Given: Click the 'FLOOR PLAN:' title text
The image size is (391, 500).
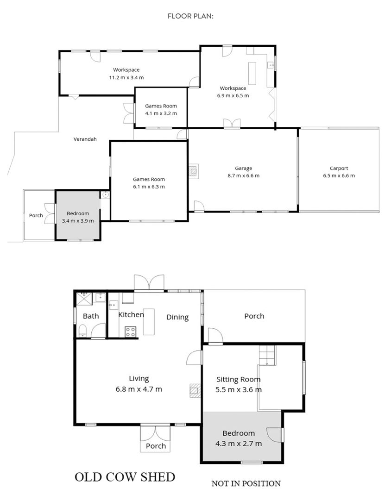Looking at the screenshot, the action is pyautogui.click(x=190, y=16).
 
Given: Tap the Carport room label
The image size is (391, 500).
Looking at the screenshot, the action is pyautogui.click(x=339, y=168).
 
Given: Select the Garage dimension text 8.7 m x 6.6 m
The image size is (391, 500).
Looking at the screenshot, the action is pyautogui.click(x=244, y=175).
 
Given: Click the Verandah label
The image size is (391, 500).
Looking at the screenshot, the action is pyautogui.click(x=85, y=139).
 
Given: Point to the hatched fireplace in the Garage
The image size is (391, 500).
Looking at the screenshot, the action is pyautogui.click(x=194, y=171).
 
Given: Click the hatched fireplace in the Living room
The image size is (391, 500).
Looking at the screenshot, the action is pyautogui.click(x=195, y=391).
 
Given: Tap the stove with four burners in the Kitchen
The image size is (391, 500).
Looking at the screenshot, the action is pyautogui.click(x=130, y=331).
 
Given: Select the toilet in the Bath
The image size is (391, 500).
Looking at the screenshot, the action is pyautogui.click(x=82, y=331).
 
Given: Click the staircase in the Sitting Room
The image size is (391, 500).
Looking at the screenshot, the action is pyautogui.click(x=267, y=355).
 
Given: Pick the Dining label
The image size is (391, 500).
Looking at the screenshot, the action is pyautogui.click(x=177, y=317).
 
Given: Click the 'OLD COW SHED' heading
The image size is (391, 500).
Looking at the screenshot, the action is pyautogui.click(x=125, y=477).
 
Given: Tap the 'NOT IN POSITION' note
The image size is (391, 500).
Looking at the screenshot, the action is pyautogui.click(x=246, y=483).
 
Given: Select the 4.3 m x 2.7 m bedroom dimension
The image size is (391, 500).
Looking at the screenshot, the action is pyautogui.click(x=239, y=444).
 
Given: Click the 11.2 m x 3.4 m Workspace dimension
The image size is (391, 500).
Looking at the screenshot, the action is pyautogui.click(x=126, y=77).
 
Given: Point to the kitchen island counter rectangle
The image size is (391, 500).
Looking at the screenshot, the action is pyautogui.click(x=149, y=322).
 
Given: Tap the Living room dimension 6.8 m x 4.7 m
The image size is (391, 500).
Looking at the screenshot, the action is pyautogui.click(x=139, y=389).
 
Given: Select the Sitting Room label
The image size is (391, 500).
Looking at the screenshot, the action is pyautogui.click(x=239, y=380).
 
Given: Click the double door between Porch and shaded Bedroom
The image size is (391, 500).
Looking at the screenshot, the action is pyautogui.click(x=50, y=213).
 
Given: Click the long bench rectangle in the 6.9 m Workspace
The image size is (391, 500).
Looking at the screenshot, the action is pyautogui.click(x=252, y=73).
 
